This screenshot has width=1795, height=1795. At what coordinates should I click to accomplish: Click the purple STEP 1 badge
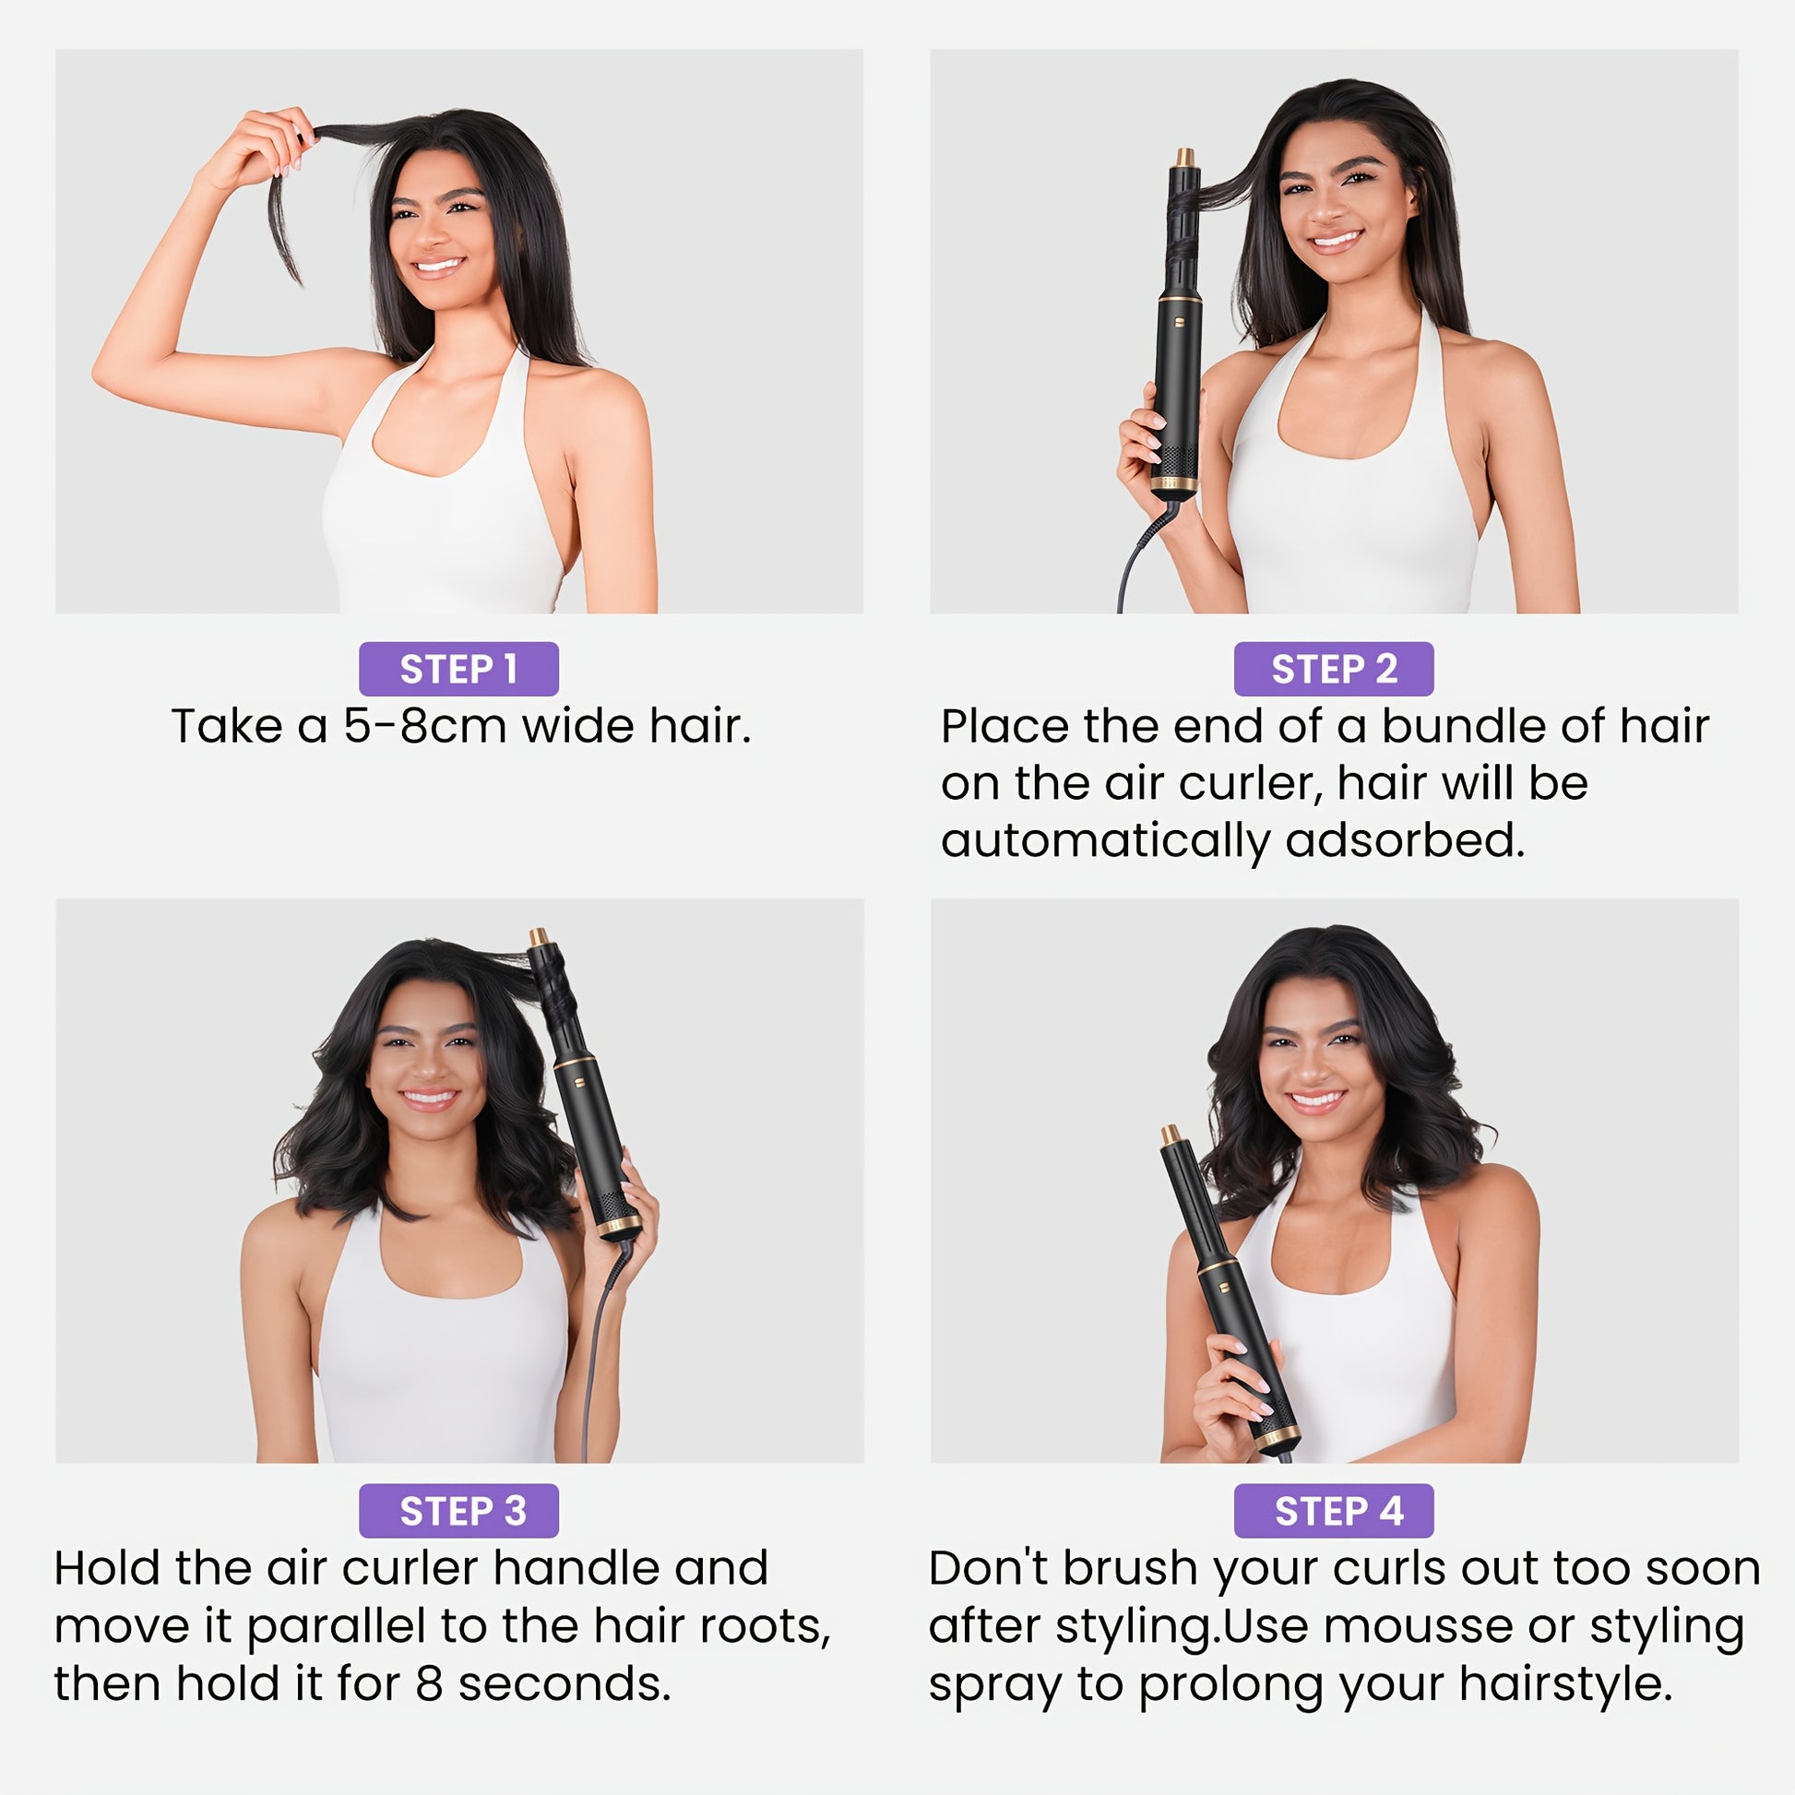tap(458, 669)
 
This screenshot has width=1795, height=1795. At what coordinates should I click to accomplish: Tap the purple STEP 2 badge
tap(1333, 669)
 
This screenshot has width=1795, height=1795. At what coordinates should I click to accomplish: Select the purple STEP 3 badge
tap(458, 1511)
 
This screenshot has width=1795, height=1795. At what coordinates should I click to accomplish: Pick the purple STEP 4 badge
tap(1333, 1511)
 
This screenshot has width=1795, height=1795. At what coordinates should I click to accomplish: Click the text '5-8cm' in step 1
tap(425, 727)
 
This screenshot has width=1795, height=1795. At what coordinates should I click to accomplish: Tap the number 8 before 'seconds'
tap(429, 1684)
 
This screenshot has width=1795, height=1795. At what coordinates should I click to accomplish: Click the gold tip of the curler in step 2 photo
tap(1185, 158)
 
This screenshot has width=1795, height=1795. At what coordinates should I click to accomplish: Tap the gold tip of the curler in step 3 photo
tap(538, 937)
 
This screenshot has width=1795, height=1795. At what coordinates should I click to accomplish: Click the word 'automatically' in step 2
tap(1105, 842)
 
